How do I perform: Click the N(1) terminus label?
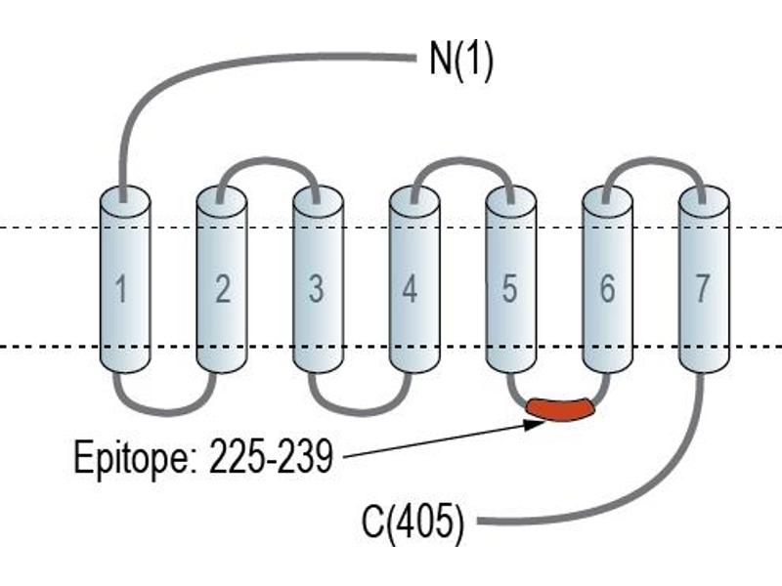pyautogui.click(x=461, y=60)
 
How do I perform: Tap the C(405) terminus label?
pyautogui.click(x=413, y=523)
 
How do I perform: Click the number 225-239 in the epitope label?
pyautogui.click(x=271, y=457)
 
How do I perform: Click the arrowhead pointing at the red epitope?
pyautogui.click(x=535, y=424)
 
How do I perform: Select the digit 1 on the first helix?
pyautogui.click(x=121, y=289)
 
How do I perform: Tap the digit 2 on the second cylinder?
pyautogui.click(x=223, y=289)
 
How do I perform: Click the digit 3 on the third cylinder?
pyautogui.click(x=316, y=289)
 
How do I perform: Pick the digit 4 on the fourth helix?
pyautogui.click(x=410, y=289)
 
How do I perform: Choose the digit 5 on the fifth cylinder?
pyautogui.click(x=509, y=289)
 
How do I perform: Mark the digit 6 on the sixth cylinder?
pyautogui.click(x=607, y=289)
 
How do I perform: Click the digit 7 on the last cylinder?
pyautogui.click(x=702, y=289)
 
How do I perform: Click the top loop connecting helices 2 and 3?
pyautogui.click(x=267, y=160)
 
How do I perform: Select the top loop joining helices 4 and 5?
pyautogui.click(x=461, y=160)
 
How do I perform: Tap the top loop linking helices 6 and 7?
pyautogui.click(x=653, y=160)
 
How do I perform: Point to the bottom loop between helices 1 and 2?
pyautogui.click(x=165, y=411)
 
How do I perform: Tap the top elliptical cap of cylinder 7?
pyautogui.click(x=704, y=201)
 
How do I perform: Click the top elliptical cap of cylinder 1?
pyautogui.click(x=125, y=201)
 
